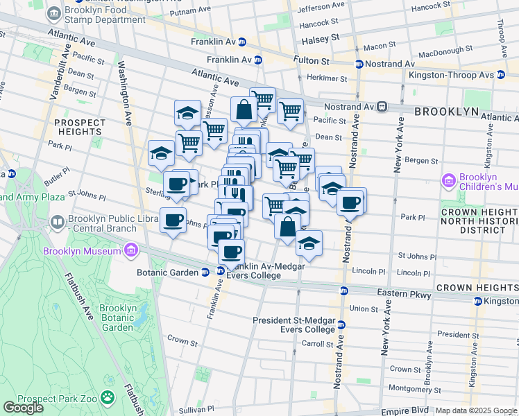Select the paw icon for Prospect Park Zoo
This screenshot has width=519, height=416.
click(x=108, y=397)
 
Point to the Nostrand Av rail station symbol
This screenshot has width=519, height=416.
click(x=382, y=107)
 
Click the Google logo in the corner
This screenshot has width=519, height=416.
click(x=23, y=408)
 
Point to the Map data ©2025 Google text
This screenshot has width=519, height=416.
click(x=476, y=410)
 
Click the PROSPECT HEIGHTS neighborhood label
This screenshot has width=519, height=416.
click(x=80, y=127)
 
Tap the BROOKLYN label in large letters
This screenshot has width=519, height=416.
click(x=446, y=111)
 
